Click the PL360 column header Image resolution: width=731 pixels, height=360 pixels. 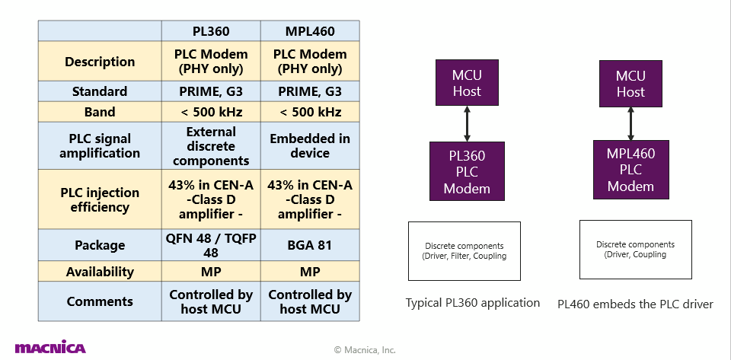(211, 32)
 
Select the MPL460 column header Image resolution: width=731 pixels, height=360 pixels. (310, 32)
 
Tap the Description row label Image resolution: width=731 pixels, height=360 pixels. (100, 62)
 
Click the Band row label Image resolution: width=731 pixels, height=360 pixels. (100, 112)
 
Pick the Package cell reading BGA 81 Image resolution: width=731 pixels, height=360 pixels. (310, 246)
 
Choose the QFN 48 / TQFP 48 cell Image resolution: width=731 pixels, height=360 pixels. (211, 246)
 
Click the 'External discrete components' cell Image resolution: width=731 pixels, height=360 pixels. (211, 146)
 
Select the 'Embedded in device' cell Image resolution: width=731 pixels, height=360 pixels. (310, 146)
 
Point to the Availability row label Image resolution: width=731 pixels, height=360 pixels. (100, 272)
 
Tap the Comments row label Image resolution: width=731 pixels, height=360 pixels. (100, 301)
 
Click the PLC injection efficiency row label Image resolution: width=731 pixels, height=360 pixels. (100, 199)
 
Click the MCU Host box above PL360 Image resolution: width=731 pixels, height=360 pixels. (467, 84)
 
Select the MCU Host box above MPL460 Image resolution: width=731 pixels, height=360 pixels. (630, 84)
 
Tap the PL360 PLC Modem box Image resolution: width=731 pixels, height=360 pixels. (467, 171)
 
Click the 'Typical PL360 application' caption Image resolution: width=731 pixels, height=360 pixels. (473, 303)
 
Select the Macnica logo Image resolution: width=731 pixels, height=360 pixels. (50, 348)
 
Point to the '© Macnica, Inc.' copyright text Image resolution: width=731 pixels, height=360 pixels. (365, 350)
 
